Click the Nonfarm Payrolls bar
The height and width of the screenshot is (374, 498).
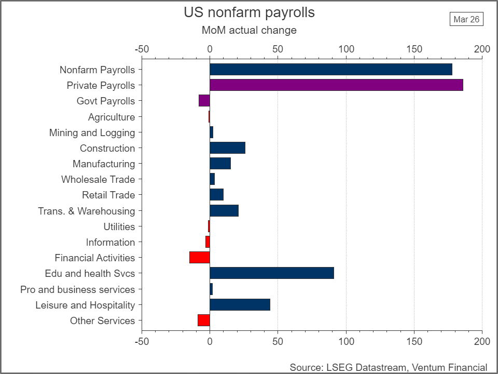[x=330, y=70]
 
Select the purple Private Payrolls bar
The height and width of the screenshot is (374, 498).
[x=336, y=85]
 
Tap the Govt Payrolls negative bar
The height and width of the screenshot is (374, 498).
[x=204, y=101]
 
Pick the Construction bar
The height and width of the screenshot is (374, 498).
[x=227, y=148]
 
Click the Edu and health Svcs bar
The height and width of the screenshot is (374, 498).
[x=271, y=273]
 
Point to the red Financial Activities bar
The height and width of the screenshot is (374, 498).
[x=200, y=258]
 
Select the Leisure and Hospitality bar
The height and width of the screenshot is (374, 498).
[x=240, y=305]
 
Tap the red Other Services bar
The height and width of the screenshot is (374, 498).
[x=204, y=320]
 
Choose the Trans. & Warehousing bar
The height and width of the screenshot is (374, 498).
[x=224, y=211]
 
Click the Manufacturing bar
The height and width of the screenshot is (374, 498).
[x=220, y=164]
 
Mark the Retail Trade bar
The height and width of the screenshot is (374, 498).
[x=216, y=195]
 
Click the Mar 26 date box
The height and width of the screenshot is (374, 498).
[x=466, y=19]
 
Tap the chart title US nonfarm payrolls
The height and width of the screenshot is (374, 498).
[x=249, y=12]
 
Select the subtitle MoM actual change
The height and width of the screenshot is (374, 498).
[x=249, y=30]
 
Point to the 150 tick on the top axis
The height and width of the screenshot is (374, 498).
[x=414, y=49]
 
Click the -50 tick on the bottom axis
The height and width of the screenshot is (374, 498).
[x=142, y=341]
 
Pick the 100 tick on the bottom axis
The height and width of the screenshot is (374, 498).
[x=346, y=341]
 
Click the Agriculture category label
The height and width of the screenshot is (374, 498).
[x=111, y=117]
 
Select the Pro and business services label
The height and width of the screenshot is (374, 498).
[x=77, y=289]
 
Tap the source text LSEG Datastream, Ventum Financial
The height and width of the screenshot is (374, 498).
[x=388, y=367]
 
